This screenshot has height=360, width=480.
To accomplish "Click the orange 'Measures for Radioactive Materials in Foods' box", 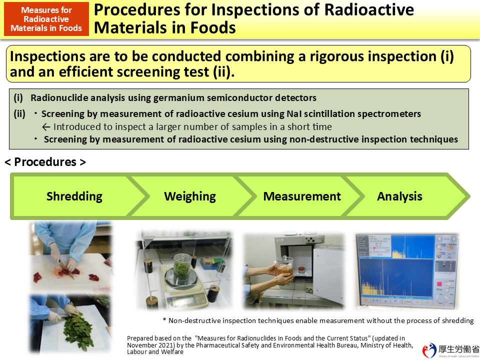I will coord(46,19).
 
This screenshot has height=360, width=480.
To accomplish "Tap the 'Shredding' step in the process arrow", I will coord(74,196).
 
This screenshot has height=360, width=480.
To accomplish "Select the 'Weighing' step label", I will coord(190,196).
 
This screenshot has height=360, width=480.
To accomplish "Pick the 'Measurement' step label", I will coord(302,196).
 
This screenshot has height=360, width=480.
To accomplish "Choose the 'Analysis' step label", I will coord(399,196).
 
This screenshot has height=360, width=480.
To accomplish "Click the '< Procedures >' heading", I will coord(45,162).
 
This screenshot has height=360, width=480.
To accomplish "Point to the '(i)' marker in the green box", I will coord(18,98).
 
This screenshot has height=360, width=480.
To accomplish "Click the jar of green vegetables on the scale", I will coord(182,264).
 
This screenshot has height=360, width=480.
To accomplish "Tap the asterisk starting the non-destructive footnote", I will coord(164,320).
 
